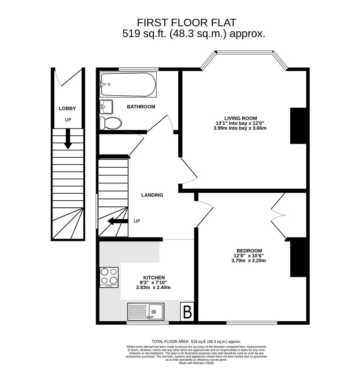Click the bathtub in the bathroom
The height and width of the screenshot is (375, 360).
pyautogui.click(x=128, y=84)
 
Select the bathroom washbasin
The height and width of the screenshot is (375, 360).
pyautogui.click(x=106, y=107)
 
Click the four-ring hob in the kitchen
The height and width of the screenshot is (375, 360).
pyautogui.click(x=109, y=277)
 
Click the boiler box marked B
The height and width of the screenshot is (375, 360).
pyautogui.click(x=187, y=312)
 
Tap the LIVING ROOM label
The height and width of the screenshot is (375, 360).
pyautogui.click(x=240, y=118)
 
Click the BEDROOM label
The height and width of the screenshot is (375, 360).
pyautogui.click(x=249, y=251)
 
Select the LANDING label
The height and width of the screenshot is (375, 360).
pyautogui.click(x=152, y=195)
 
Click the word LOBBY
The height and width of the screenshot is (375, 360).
pyautogui.click(x=67, y=108)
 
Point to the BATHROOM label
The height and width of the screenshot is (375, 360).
pyautogui.click(x=141, y=107)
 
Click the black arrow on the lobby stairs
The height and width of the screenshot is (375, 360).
pyautogui.click(x=68, y=139)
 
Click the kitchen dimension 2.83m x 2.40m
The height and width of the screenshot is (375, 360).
pyautogui.click(x=153, y=287)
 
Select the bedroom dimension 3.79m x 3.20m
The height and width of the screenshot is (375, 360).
pyautogui.click(x=248, y=261)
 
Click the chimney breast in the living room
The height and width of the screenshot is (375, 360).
pyautogui.click(x=298, y=126)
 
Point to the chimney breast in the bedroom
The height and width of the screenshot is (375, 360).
pyautogui.click(x=298, y=258)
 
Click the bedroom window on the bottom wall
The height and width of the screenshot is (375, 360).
pyautogui.click(x=252, y=323)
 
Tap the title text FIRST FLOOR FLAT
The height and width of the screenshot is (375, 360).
pyautogui.click(x=187, y=23)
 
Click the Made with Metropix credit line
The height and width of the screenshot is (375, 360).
pyautogui.click(x=197, y=363)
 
